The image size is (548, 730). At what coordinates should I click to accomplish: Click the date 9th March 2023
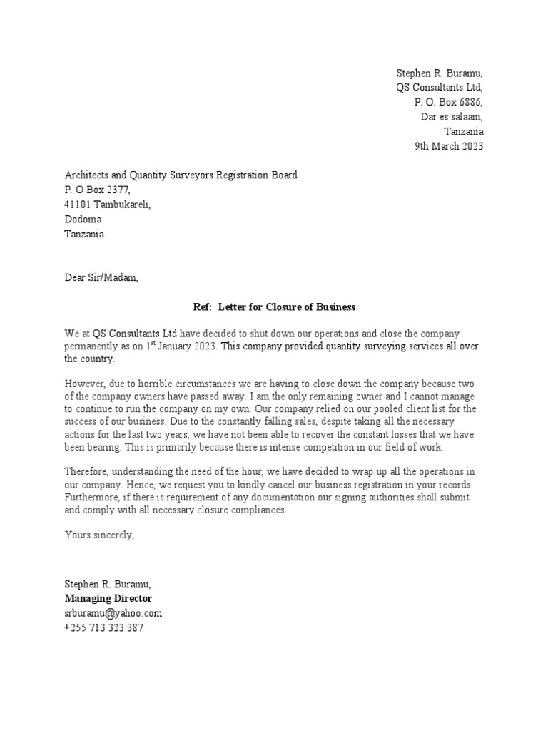coord(449,146)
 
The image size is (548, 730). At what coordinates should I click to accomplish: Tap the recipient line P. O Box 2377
coord(98,190)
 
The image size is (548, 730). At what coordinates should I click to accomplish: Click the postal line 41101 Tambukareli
coord(108,205)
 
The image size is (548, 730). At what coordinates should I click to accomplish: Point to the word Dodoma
coord(83,220)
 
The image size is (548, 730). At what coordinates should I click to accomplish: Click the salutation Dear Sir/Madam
coord(101,278)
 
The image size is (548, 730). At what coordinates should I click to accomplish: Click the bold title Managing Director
coord(108,599)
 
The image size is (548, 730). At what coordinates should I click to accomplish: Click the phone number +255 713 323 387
coord(103,628)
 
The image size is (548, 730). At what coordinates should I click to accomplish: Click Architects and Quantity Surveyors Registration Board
coord(181,175)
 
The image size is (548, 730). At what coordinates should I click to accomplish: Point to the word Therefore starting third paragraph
coord(88,472)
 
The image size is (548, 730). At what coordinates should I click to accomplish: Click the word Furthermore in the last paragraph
coord(93,498)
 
